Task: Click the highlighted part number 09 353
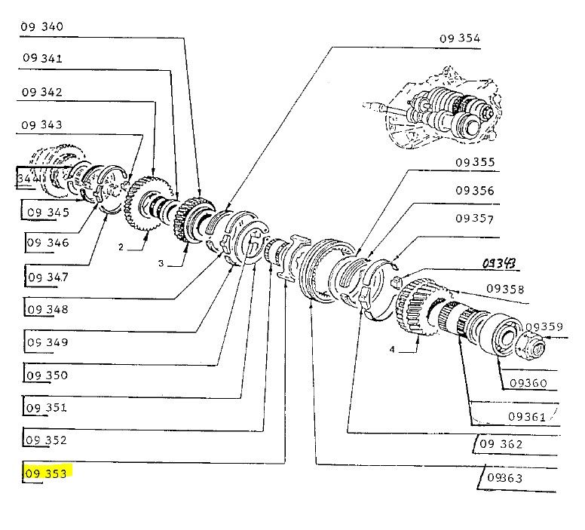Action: (x=47, y=473)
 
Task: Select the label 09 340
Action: (x=42, y=26)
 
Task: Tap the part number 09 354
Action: (x=459, y=38)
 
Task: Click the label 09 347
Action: (x=47, y=277)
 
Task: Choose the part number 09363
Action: (x=504, y=478)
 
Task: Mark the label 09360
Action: (x=527, y=383)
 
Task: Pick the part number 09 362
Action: (x=500, y=444)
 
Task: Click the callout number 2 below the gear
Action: (x=120, y=247)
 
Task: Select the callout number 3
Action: (x=161, y=263)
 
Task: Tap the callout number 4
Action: (x=392, y=349)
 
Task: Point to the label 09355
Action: (x=474, y=161)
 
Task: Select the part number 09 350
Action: (x=47, y=375)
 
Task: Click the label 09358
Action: (x=505, y=288)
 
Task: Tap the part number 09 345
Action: (x=48, y=212)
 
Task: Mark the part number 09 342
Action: (x=42, y=92)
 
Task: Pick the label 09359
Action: (x=544, y=326)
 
